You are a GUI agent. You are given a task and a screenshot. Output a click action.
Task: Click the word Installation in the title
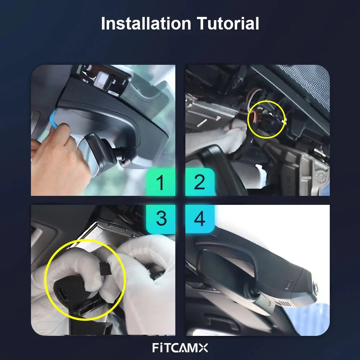[145, 24]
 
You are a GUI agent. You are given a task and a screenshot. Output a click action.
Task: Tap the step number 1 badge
[161, 182]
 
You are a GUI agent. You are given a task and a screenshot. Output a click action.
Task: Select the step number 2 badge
[200, 182]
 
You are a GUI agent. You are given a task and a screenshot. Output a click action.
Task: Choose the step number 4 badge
[200, 219]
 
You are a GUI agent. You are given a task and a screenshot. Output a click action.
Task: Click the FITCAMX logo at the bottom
[180, 348]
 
